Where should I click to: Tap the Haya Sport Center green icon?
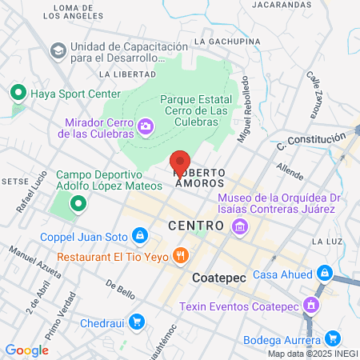pos(18,93)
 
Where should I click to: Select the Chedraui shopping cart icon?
pos(137,322)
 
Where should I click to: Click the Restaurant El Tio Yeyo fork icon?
pos(182,256)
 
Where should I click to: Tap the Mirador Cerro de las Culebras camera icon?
pos(146,126)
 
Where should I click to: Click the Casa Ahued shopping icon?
pos(323,274)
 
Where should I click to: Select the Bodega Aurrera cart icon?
pos(334,338)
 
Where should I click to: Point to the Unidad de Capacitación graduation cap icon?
pos(58,51)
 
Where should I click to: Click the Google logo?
pos(26,350)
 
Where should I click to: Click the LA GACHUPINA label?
pos(228,41)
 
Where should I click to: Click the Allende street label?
pos(289,170)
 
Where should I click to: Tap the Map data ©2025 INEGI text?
pos(312,354)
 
